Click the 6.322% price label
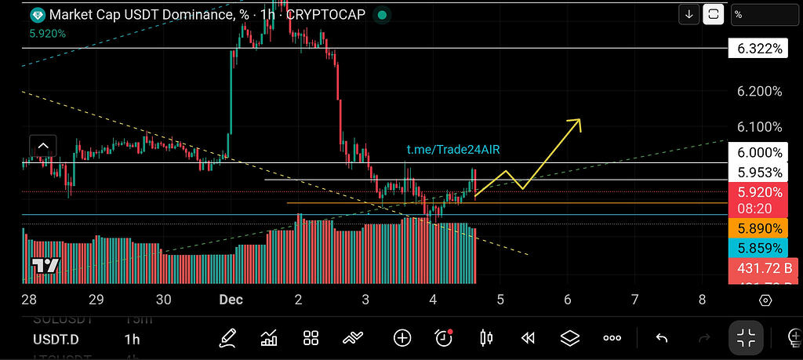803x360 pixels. coord(759,49)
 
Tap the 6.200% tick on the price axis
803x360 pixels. coord(759,92)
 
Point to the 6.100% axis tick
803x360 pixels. coord(759,127)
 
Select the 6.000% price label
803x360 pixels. coord(759,153)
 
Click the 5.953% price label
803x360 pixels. coord(759,173)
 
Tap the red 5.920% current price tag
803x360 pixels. coord(759,192)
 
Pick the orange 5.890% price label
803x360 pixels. coord(759,228)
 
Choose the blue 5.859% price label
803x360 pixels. coord(759,248)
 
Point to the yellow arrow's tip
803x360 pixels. coord(580,120)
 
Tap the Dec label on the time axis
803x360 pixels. coord(230,300)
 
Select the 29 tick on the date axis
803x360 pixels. coord(96,300)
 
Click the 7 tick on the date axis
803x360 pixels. coord(634,300)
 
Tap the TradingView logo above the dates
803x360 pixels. coord(45,265)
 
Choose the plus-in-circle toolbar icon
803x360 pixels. coord(402,338)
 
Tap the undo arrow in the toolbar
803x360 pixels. coord(662,338)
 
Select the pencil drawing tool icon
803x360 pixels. coord(228,338)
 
